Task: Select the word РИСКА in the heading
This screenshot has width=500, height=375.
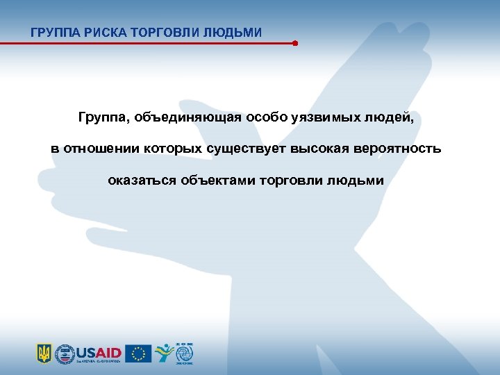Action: click(x=102, y=32)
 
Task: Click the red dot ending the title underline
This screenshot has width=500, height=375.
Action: click(x=295, y=43)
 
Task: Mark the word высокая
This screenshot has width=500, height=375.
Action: click(x=322, y=149)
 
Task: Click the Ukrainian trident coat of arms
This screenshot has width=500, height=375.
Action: click(x=44, y=354)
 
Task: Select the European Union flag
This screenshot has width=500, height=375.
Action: click(x=138, y=354)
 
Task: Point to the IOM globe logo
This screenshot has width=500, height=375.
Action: click(x=185, y=354)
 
